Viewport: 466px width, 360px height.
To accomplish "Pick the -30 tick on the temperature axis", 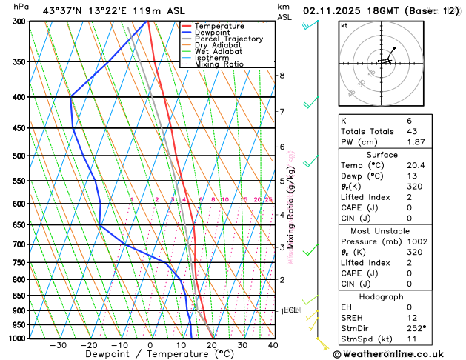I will tap(58, 345).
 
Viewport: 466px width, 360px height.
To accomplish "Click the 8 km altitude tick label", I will tap(282, 76).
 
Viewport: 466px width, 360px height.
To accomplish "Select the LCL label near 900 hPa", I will tap(290, 310).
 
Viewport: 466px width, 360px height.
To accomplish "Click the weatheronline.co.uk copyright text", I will tap(399, 353).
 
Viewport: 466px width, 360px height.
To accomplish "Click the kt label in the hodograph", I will tap(344, 26).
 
